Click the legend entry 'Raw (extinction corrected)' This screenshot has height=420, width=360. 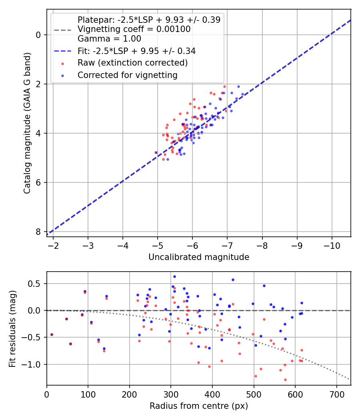click(x=132, y=63)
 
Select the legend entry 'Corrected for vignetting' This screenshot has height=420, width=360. click(x=128, y=75)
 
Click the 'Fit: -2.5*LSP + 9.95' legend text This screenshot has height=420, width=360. click(x=136, y=51)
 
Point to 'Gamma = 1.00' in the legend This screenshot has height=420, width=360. click(x=109, y=39)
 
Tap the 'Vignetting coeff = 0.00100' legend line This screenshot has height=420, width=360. click(x=134, y=29)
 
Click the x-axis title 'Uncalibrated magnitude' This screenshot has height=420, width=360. click(x=199, y=257)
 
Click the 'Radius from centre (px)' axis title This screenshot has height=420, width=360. click(x=199, y=406)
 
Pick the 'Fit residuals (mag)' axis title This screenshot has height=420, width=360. click(x=12, y=329)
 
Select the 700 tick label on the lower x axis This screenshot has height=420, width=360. click(x=336, y=394)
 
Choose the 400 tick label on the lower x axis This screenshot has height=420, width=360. click(x=212, y=394)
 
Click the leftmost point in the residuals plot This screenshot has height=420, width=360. click(x=52, y=334)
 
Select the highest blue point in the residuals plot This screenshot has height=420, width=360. click(x=174, y=276)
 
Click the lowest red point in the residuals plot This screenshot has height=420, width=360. click(x=285, y=380)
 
